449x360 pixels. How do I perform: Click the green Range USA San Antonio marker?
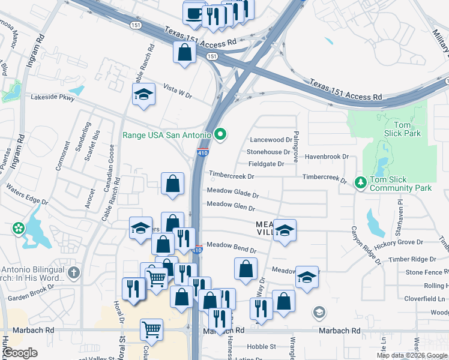[220, 134]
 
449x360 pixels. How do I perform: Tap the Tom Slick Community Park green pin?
[360, 182]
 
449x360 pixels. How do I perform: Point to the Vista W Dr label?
[178, 91]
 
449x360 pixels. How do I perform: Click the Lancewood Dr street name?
[271, 140]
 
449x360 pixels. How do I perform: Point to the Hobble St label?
[262, 346]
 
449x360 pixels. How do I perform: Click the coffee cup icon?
[194, 13]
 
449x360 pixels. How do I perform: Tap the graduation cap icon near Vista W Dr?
[143, 94]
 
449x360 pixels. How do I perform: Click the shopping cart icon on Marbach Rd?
[151, 329]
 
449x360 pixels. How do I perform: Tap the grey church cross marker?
[74, 273]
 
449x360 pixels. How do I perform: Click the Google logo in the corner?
[20, 353]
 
